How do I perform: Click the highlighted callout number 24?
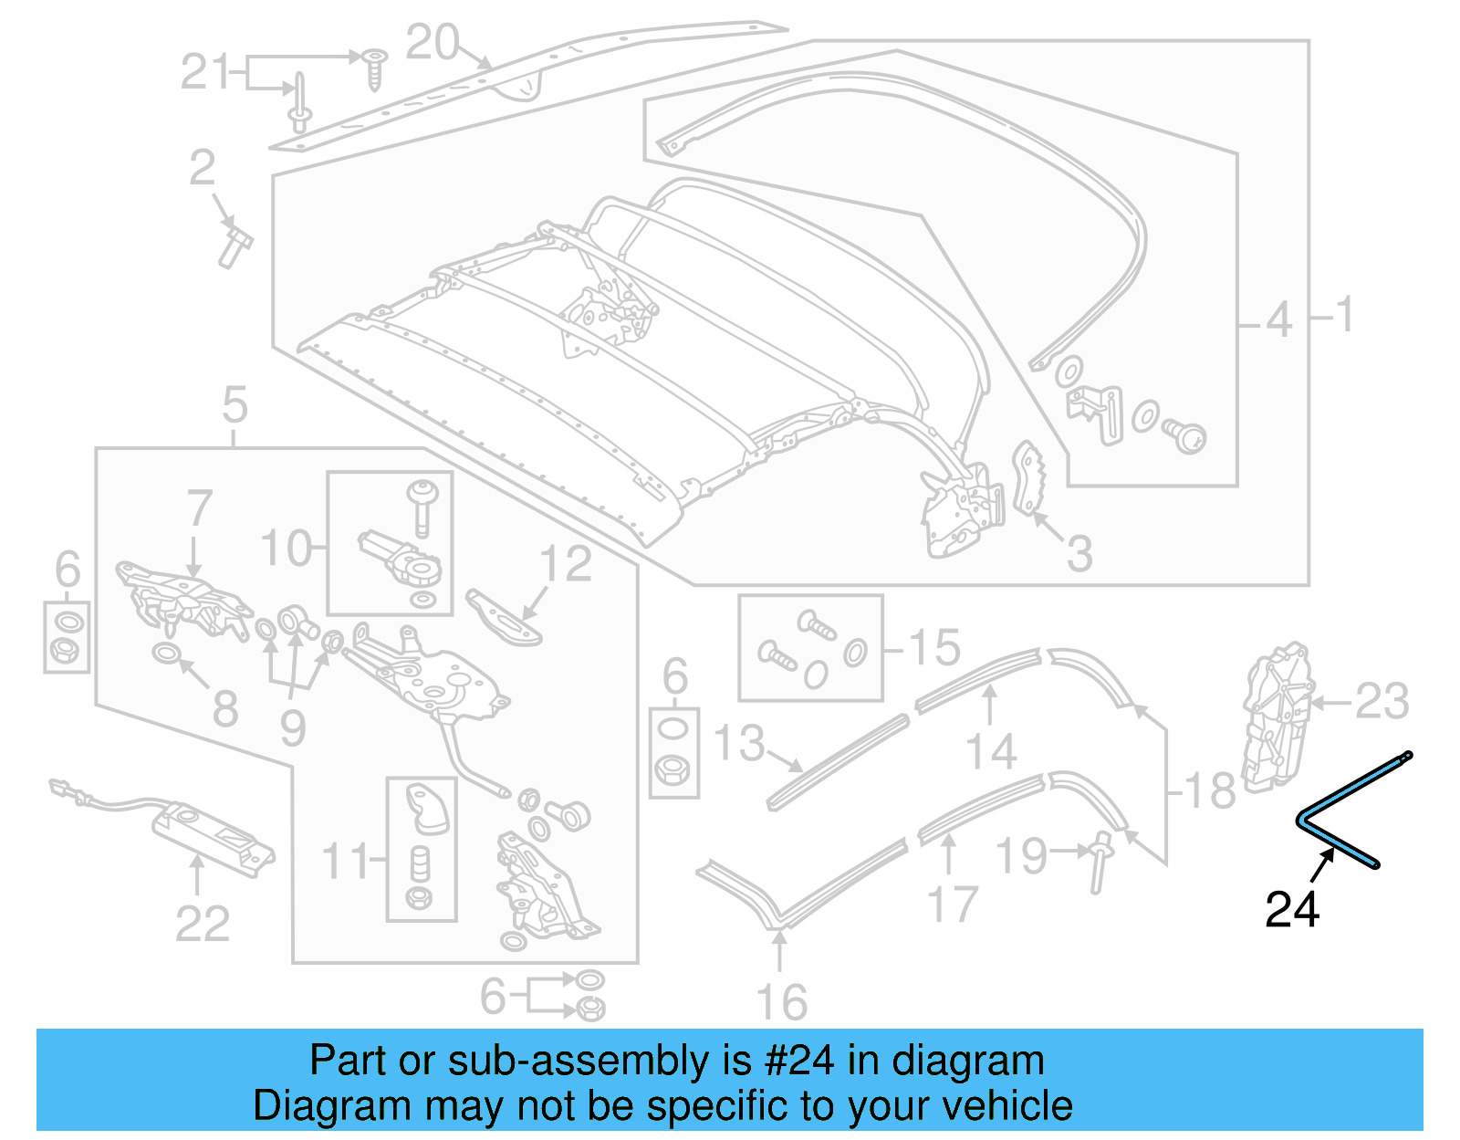(1291, 909)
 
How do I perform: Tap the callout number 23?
(1382, 702)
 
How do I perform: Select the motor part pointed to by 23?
(1275, 715)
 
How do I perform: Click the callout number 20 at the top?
(432, 42)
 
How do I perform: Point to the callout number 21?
(205, 71)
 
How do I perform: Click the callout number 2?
(202, 168)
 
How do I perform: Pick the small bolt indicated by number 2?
(235, 245)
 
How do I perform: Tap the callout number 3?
(1079, 553)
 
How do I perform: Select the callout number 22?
(202, 924)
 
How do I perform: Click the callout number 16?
(782, 1001)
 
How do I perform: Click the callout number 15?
(934, 647)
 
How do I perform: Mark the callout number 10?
(286, 549)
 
